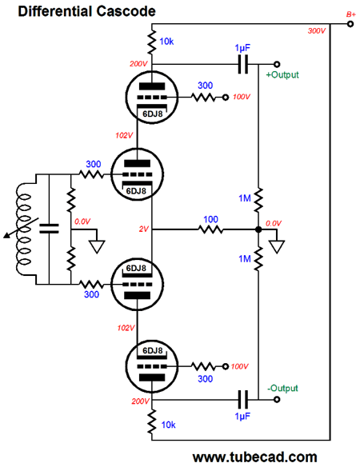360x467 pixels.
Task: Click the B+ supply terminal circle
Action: [350, 24]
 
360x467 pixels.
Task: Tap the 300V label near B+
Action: [317, 31]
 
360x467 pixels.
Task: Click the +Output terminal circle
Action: [277, 64]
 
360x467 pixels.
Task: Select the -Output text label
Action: [282, 389]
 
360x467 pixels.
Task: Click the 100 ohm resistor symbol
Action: [210, 230]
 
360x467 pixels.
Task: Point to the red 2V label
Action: [144, 229]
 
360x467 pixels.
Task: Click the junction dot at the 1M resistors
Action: [258, 230]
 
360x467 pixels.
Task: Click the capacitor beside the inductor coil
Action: [49, 229]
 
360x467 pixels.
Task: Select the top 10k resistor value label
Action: [166, 42]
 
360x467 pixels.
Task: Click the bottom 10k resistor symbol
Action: [152, 421]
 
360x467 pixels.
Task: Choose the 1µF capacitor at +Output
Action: [243, 64]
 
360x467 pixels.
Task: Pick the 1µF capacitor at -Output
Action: [243, 399]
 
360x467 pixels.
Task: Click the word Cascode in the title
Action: [126, 11]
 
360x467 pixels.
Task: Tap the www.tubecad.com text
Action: [255, 457]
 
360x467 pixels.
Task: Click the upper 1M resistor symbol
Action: [258, 200]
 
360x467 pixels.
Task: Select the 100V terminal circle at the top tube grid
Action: [226, 98]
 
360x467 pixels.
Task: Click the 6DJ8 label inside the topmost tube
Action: [153, 114]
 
